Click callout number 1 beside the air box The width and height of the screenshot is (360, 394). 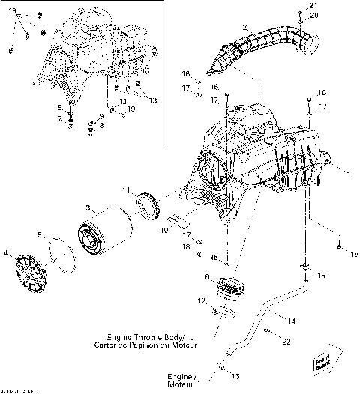(x=347, y=174)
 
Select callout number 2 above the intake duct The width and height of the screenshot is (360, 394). (x=244, y=28)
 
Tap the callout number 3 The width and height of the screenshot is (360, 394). (x=88, y=207)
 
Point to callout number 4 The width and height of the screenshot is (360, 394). (x=6, y=254)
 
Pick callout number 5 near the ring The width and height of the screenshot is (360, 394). (x=40, y=235)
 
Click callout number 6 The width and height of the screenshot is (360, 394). (x=208, y=277)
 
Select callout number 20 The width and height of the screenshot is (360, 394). (x=313, y=16)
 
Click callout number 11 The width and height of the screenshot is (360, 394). (x=127, y=190)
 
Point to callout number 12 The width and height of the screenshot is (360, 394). (x=201, y=300)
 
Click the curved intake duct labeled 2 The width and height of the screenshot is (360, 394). (x=262, y=45)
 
